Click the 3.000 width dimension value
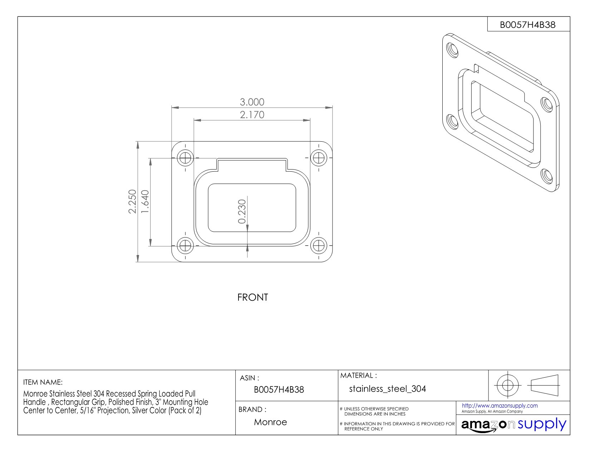click(x=252, y=102)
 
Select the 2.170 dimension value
click(x=252, y=115)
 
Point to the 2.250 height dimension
click(x=132, y=201)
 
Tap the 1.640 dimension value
click(x=145, y=201)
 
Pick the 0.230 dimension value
click(x=242, y=212)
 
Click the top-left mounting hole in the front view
click(x=185, y=157)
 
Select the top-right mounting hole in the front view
click(x=319, y=157)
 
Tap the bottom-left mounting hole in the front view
click(x=185, y=246)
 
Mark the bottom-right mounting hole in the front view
click(x=319, y=246)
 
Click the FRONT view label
click(x=252, y=298)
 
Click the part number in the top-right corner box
click(x=527, y=25)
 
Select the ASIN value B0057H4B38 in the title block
click(x=279, y=389)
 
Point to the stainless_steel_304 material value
click(x=388, y=389)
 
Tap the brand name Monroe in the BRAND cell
click(x=270, y=422)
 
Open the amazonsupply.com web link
click(x=500, y=406)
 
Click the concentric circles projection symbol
click(x=507, y=385)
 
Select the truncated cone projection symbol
click(x=544, y=385)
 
